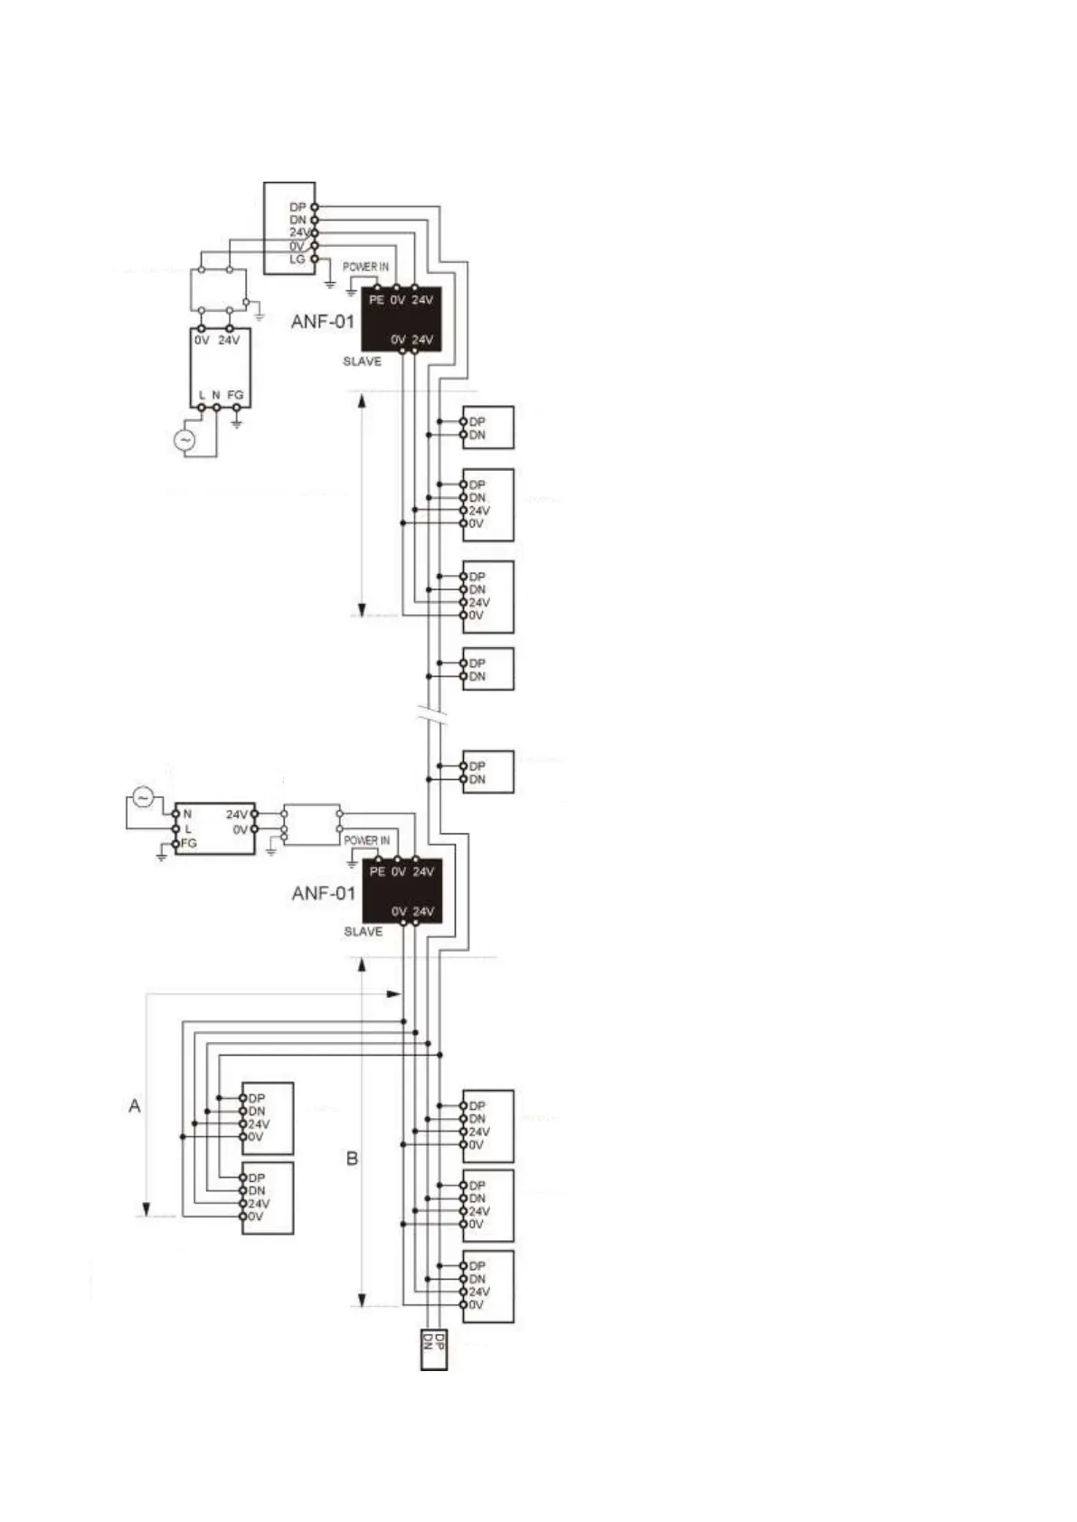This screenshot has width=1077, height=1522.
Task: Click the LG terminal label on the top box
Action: coord(298,259)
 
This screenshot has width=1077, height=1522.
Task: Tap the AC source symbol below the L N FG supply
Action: coord(184,440)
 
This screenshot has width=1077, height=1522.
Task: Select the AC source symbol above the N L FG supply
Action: coord(143,796)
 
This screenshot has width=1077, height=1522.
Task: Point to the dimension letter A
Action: coord(135,1105)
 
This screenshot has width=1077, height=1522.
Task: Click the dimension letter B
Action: coord(353,1158)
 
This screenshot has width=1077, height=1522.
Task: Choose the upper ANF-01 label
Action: coord(323,321)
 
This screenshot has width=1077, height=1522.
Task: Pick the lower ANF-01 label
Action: coord(324,893)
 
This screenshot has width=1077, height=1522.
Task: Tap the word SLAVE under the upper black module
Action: coord(362,362)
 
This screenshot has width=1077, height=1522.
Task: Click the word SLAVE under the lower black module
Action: coord(363,932)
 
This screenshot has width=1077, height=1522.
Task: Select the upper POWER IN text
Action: coord(365,268)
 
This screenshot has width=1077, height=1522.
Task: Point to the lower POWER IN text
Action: coord(366,841)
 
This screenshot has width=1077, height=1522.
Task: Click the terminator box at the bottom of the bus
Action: coord(434,1349)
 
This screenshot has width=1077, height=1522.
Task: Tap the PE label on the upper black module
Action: coord(376,300)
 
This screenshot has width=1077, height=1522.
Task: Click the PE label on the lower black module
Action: coord(377,872)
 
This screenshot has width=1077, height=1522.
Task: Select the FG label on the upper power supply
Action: coord(235,396)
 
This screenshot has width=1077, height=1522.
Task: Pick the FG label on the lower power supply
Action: coord(188,843)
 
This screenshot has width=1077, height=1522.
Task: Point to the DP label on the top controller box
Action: coord(298,208)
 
